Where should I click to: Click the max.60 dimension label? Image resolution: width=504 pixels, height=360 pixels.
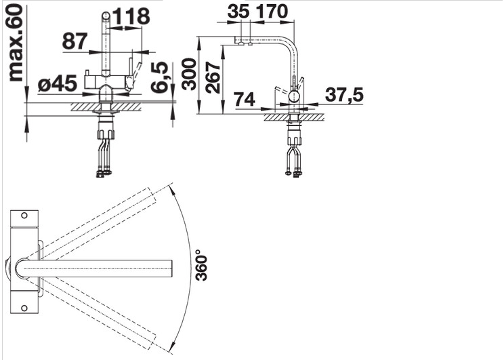(16, 43)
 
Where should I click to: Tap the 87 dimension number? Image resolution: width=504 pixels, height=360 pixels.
(75, 41)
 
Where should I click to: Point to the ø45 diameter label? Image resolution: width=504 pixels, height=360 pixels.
(57, 83)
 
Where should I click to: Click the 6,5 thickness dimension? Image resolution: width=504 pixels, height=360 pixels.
(159, 77)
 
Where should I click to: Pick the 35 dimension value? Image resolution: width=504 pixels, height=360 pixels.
(238, 12)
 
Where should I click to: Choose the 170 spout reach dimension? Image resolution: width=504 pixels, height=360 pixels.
(272, 12)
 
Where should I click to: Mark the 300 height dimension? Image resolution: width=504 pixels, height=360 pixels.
(189, 74)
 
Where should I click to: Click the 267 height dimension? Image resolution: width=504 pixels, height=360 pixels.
(213, 77)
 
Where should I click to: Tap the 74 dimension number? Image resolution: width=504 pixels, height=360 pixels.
(245, 99)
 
